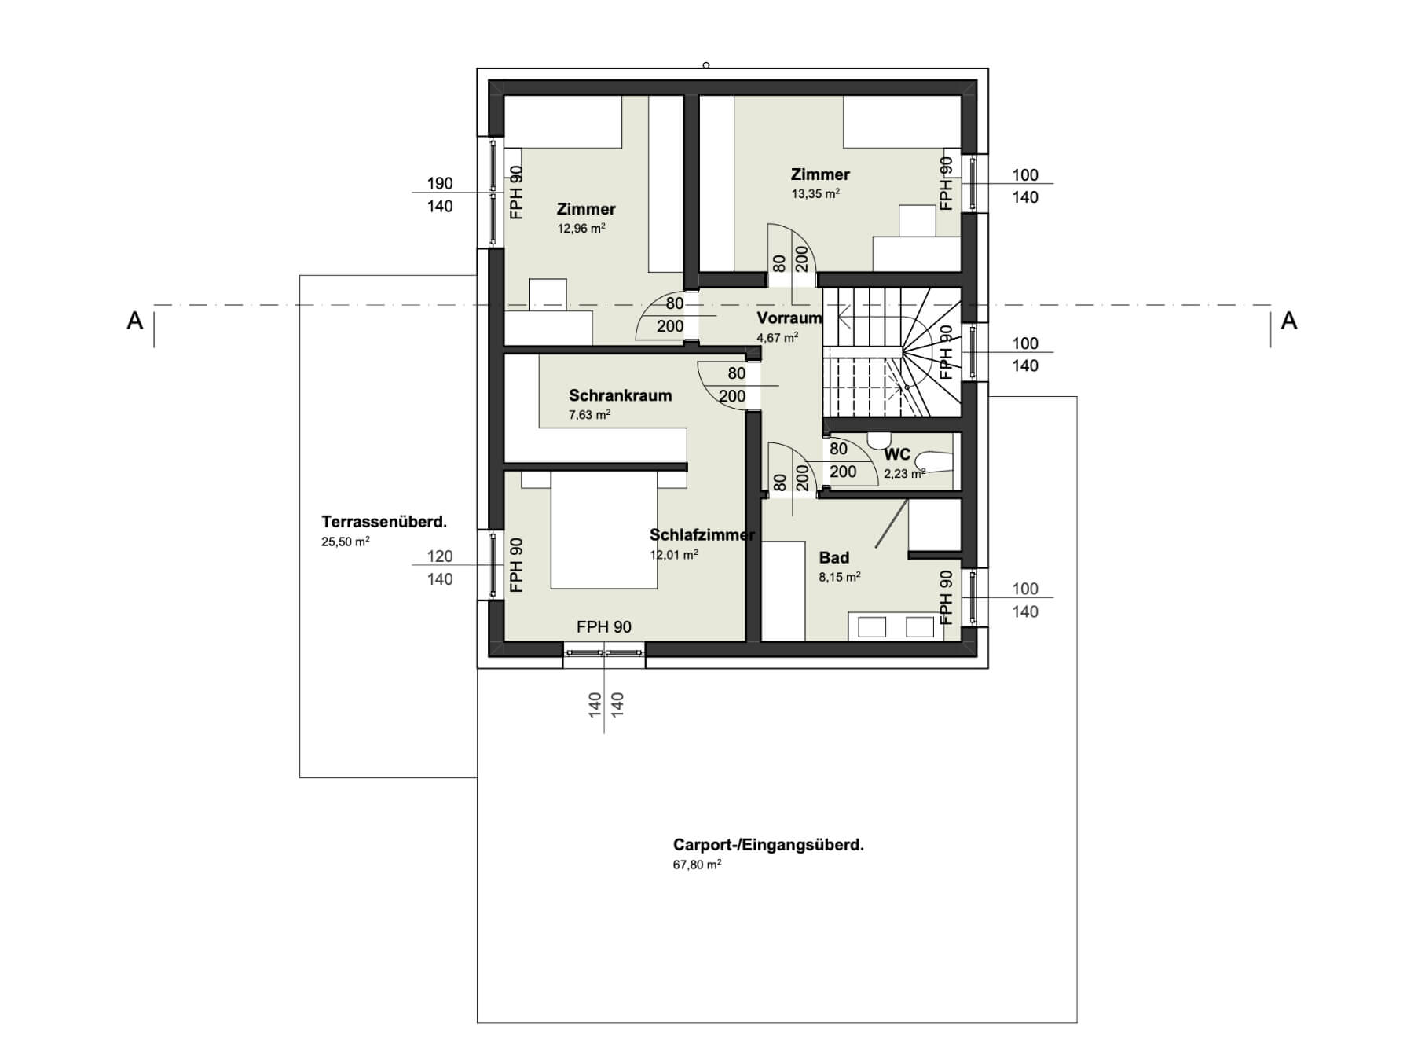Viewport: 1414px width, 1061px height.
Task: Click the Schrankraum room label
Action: (x=620, y=395)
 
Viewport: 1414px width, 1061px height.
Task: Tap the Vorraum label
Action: (x=789, y=318)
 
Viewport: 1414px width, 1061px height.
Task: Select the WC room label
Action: (x=897, y=454)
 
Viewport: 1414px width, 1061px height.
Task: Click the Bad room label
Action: (x=834, y=557)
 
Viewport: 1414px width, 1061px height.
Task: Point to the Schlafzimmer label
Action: (x=702, y=535)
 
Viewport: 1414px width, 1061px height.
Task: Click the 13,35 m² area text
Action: (x=815, y=193)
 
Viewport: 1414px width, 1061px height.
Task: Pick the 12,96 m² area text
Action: (x=581, y=229)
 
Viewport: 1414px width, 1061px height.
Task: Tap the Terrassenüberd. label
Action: (x=384, y=522)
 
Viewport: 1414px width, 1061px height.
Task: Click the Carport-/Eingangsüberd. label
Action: (x=768, y=846)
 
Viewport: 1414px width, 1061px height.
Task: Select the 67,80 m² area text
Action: (x=698, y=865)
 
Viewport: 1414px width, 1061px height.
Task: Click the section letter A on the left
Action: (x=135, y=321)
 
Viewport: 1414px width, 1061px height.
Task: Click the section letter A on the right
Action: (x=1289, y=321)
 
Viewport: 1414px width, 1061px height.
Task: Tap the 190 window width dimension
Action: (x=440, y=183)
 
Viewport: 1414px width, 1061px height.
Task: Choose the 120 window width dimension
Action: (x=440, y=556)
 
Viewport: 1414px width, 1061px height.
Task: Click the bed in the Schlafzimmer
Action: (x=604, y=530)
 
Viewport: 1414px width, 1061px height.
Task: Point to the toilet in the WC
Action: (x=935, y=461)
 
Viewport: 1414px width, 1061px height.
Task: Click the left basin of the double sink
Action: (x=873, y=626)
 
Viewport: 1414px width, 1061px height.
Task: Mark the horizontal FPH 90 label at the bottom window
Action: (x=604, y=626)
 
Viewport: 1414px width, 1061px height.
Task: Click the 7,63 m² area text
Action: (x=590, y=415)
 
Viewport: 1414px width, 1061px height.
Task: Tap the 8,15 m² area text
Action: (x=840, y=577)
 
